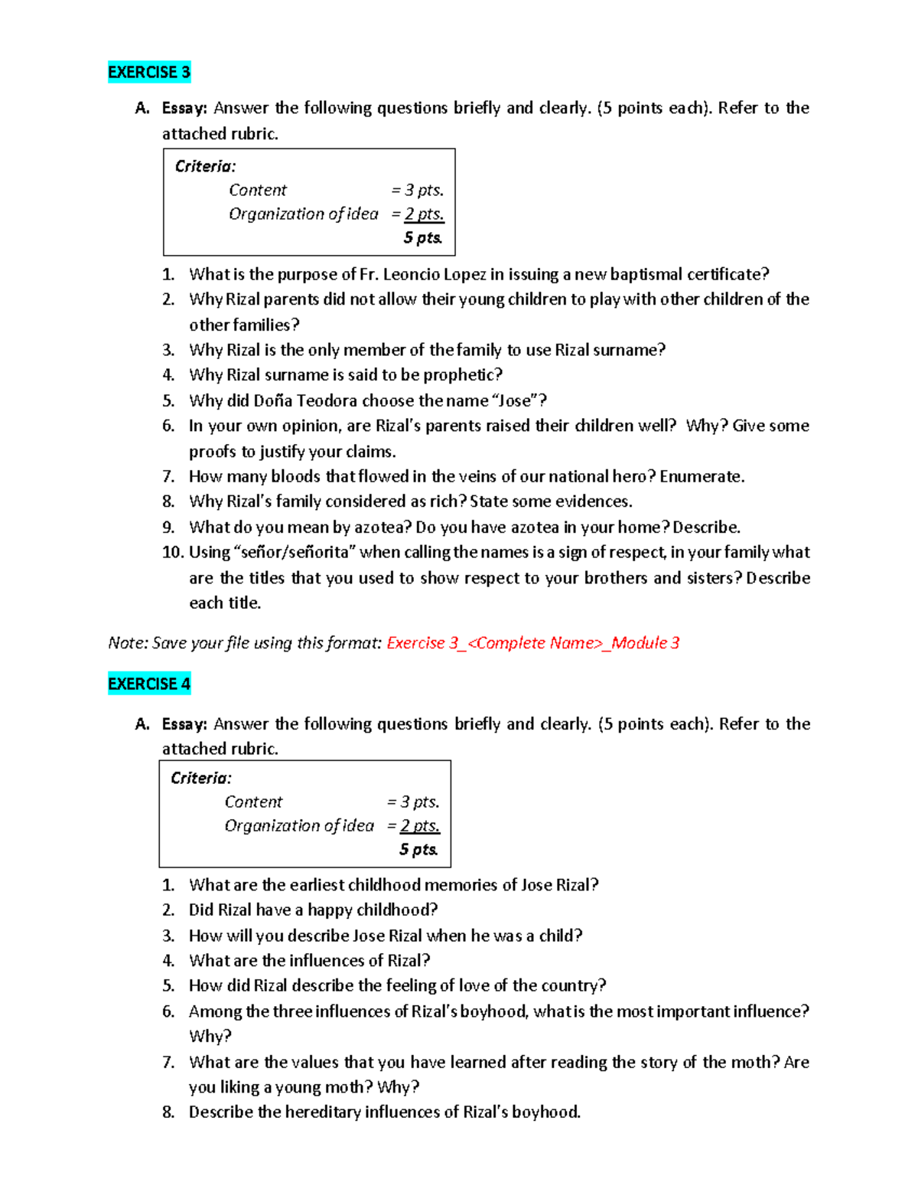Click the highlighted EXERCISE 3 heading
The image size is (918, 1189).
[x=149, y=72]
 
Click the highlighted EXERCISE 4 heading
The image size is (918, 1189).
[x=149, y=684]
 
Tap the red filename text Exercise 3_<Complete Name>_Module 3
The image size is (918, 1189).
[x=532, y=643]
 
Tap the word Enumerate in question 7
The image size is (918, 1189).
[x=701, y=476]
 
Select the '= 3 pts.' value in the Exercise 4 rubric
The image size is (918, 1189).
[x=413, y=802]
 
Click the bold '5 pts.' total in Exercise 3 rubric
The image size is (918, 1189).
[x=422, y=237]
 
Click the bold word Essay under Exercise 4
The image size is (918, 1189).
[x=184, y=724]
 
